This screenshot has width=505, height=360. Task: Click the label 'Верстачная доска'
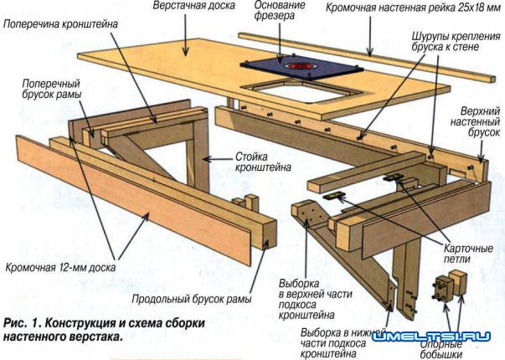pos(192,7)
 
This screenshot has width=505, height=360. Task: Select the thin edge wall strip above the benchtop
pos(368,54)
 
